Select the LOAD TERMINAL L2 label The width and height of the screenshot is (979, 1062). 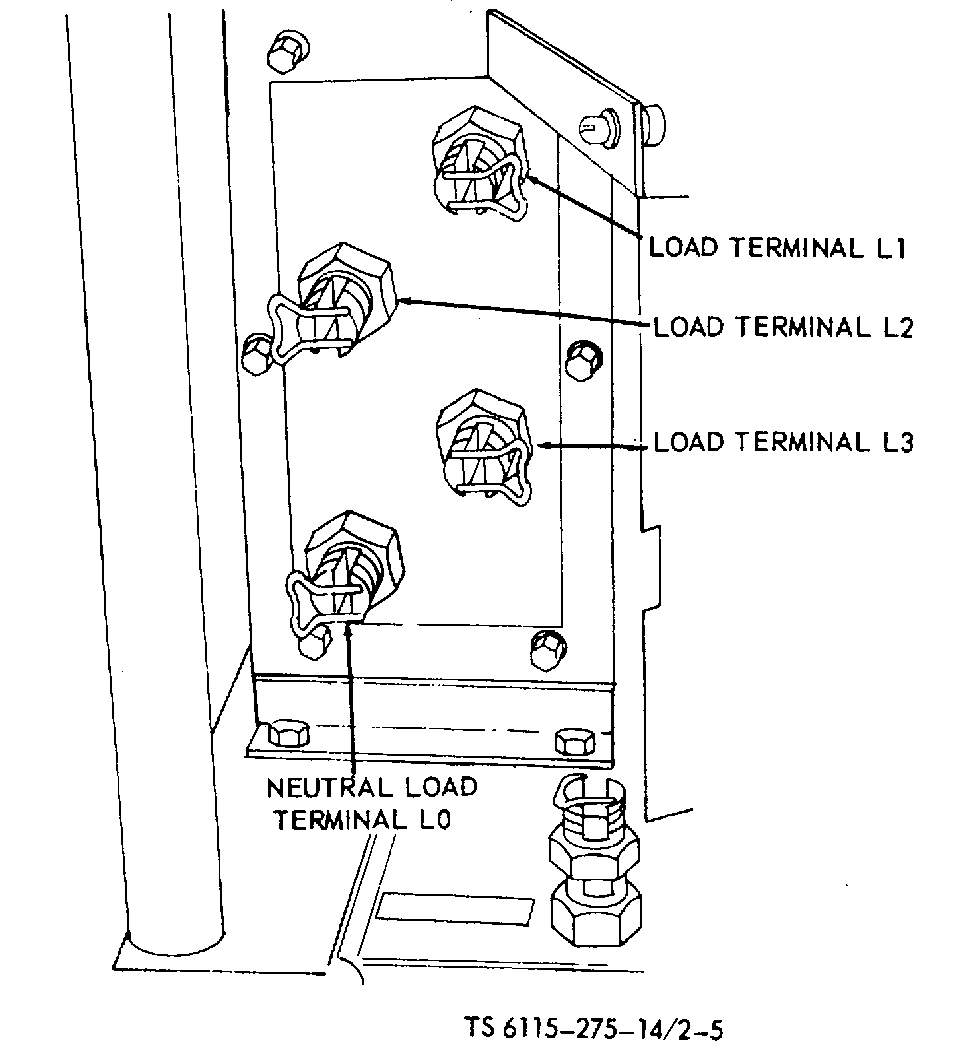pyautogui.click(x=783, y=327)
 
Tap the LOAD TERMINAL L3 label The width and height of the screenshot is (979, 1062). pyautogui.click(x=783, y=442)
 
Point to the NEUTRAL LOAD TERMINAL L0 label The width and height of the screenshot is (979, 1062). pyautogui.click(x=371, y=803)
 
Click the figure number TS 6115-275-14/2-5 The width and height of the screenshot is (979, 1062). pyautogui.click(x=593, y=1028)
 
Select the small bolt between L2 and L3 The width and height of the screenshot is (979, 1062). pyautogui.click(x=584, y=360)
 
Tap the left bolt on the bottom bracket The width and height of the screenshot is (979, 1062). pyautogui.click(x=288, y=735)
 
